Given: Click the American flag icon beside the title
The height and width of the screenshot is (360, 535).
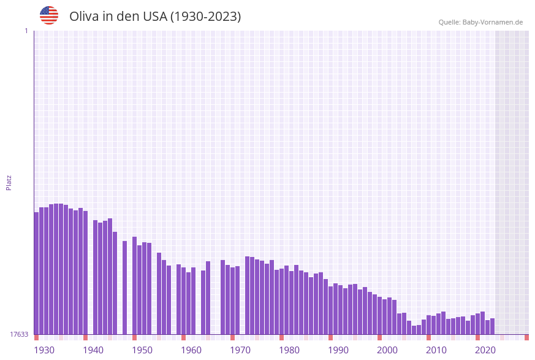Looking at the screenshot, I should coord(49,15).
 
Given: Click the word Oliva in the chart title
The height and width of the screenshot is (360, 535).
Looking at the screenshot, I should coord(85,17).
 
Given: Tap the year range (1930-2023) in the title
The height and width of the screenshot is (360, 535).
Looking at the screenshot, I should coord(205,17).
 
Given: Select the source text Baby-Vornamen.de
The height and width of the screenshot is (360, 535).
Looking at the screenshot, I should coord(493,22).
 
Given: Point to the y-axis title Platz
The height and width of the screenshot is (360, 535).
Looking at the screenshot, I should coord(9,182).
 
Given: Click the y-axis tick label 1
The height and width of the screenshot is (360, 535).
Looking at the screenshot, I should coord(26,31).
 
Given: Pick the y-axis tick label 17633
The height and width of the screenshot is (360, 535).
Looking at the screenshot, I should coord(18,334).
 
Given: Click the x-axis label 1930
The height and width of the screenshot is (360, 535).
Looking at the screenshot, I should coord(44,350).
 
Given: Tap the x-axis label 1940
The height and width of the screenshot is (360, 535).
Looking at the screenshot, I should coord(93,350).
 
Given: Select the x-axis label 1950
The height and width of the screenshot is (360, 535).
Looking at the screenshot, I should coord(142,350).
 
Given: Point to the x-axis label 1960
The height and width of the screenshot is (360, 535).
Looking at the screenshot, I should coord(191,350).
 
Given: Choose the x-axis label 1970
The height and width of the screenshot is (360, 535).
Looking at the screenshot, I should coord(240,350).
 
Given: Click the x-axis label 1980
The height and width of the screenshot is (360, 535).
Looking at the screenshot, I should coord(289,350).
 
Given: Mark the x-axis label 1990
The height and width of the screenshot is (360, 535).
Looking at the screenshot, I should coord(338,350).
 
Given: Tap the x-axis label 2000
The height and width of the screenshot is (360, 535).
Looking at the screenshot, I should coord(387,350).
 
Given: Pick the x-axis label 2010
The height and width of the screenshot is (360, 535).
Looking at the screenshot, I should coord(436,350).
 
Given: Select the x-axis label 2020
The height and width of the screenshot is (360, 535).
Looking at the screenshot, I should coord(485,350).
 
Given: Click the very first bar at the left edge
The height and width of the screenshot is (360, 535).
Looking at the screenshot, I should coord(36,273).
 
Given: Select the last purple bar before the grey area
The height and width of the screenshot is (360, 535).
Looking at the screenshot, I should coord(492,326).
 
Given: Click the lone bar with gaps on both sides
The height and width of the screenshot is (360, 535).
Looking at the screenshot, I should coord(124,288).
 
